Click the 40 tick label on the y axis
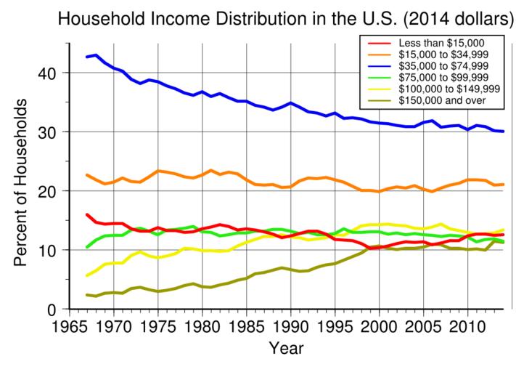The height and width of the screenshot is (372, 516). click(x=47, y=73)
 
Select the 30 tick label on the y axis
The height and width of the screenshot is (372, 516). click(x=47, y=132)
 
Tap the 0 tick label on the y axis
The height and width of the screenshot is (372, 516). click(x=52, y=310)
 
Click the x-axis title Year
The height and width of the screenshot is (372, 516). click(x=281, y=349)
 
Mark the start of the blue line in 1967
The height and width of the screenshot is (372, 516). click(x=87, y=57)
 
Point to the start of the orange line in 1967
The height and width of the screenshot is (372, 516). click(x=87, y=175)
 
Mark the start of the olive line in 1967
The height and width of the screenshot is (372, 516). click(x=87, y=295)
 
